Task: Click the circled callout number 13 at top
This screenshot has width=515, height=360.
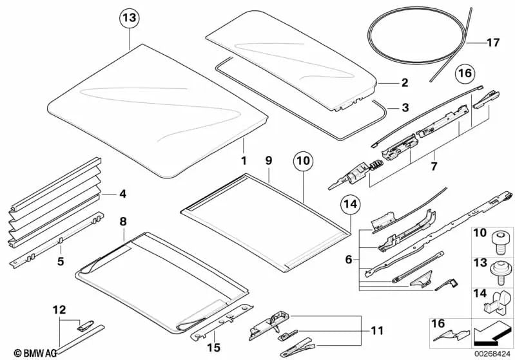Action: click(x=130, y=19)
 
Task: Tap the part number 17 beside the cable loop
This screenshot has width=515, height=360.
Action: click(x=493, y=43)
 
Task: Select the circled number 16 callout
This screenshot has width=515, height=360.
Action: click(x=464, y=73)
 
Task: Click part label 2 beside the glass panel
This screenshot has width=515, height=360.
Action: click(x=405, y=82)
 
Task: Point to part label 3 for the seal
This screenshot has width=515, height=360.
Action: click(x=405, y=108)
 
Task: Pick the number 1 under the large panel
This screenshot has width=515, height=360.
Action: click(x=244, y=160)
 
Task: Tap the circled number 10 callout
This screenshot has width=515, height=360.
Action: click(x=303, y=159)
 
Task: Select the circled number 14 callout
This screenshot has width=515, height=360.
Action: click(x=349, y=205)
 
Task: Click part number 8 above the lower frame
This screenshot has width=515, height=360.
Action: click(x=123, y=221)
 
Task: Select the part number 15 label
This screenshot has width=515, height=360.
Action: click(x=213, y=348)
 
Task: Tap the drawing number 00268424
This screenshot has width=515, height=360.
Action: click(x=493, y=352)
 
